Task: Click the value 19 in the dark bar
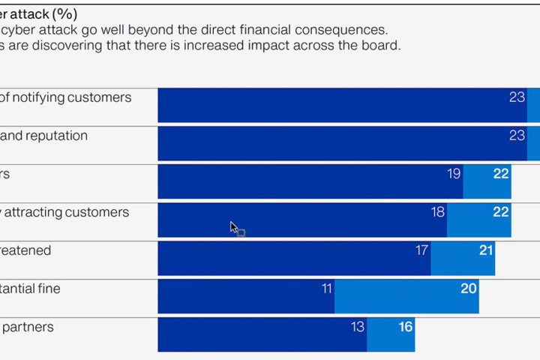point(454,174)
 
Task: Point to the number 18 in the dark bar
point(438,212)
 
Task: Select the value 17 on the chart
point(422,250)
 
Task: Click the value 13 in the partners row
point(358,327)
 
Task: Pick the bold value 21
point(486,250)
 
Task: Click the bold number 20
point(469,289)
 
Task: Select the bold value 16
point(406,327)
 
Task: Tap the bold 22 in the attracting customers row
point(501,212)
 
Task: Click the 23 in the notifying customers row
point(517,97)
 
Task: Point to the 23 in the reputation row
point(517,136)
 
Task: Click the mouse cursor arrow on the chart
point(232,226)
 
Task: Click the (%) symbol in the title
point(64,14)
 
